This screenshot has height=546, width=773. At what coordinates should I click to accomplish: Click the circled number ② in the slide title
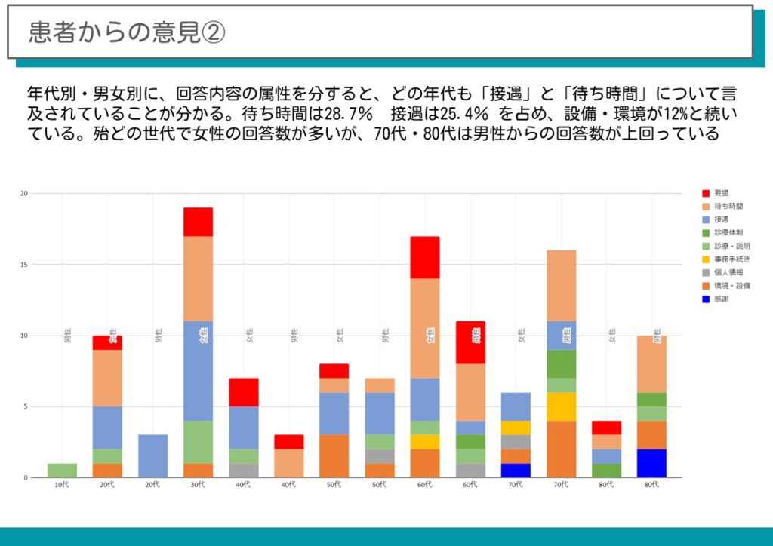pos(213,32)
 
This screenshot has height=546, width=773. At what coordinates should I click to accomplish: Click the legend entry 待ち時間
pos(728,206)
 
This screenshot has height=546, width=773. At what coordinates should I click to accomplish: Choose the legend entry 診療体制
pos(728,232)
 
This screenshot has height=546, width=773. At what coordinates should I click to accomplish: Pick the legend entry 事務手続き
pos(731,259)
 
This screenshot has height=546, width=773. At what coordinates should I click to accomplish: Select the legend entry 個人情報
pos(728,272)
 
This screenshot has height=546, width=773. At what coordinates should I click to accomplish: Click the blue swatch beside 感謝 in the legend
pos(706,299)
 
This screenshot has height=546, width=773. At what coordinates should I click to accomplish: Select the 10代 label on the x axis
pos(62,485)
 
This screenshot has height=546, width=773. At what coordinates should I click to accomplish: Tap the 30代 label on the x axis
pos(198,485)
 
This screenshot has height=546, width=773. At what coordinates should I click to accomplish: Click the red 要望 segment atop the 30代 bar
pos(198,222)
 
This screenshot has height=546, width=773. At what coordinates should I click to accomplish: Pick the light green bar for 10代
pos(62,471)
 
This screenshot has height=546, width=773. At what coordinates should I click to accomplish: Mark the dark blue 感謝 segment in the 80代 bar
pos(651,463)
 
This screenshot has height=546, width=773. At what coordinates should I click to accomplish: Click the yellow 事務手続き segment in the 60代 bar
pos(425,442)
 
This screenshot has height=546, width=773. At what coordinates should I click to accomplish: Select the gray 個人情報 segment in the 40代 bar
pos(243,471)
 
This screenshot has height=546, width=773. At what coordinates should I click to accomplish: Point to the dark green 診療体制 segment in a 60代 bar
pos(470,442)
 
